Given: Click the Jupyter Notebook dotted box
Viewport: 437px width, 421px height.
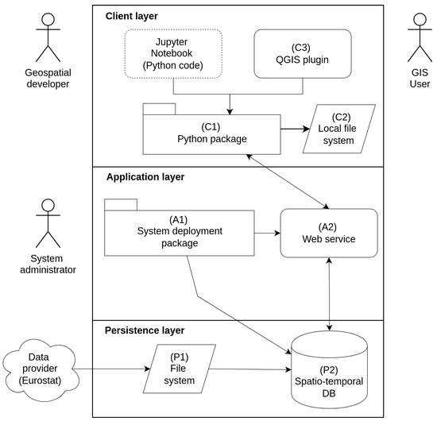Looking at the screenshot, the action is pyautogui.click(x=173, y=54).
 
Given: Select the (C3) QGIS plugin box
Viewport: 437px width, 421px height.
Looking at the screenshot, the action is pyautogui.click(x=303, y=54).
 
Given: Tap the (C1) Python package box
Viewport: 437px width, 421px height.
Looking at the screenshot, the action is pyautogui.click(x=211, y=134).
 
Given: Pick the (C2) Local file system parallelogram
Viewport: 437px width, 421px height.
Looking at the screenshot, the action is pyautogui.click(x=339, y=129).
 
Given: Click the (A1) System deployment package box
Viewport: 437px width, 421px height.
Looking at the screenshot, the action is pyautogui.click(x=180, y=233).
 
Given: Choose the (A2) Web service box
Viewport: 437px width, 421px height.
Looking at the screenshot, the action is pyautogui.click(x=329, y=233).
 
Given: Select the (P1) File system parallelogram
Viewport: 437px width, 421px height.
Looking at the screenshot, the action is pyautogui.click(x=180, y=369).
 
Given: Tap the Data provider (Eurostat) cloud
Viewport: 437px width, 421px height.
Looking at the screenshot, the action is pyautogui.click(x=41, y=369).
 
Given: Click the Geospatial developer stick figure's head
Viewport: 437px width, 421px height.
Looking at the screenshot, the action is pyautogui.click(x=48, y=20).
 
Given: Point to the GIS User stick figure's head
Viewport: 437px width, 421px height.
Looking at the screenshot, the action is pyautogui.click(x=420, y=20).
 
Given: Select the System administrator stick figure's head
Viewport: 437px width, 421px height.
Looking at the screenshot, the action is pyautogui.click(x=48, y=206).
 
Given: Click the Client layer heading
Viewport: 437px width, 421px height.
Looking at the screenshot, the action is pyautogui.click(x=132, y=16).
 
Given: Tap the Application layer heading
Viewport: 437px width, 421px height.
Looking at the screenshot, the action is pyautogui.click(x=145, y=177).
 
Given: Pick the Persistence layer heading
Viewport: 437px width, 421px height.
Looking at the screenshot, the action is pyautogui.click(x=145, y=330).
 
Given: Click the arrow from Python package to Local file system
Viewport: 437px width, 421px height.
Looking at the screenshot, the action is pyautogui.click(x=295, y=129).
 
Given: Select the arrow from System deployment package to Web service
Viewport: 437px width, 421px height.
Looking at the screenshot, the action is pyautogui.click(x=268, y=233).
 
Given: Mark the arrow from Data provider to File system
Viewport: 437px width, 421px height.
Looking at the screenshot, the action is pyautogui.click(x=111, y=369).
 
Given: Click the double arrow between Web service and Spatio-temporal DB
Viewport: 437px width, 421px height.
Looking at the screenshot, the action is pyautogui.click(x=329, y=294).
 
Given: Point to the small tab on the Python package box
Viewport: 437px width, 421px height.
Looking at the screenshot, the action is pyautogui.click(x=159, y=109).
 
